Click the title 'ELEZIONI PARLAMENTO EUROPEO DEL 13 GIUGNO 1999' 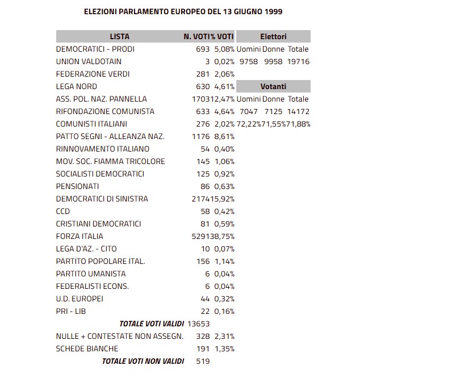click(x=183, y=11)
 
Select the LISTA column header click(x=119, y=36)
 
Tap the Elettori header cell click(x=273, y=36)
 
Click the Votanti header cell click(x=273, y=86)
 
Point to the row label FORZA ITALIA click(x=80, y=236)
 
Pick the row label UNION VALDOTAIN click(x=89, y=61)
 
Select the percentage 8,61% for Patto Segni click(x=224, y=136)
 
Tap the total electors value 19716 click(x=298, y=61)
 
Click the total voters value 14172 click(x=298, y=111)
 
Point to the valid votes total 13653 click(x=198, y=324)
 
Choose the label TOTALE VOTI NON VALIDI click(x=143, y=361)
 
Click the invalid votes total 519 click(x=203, y=361)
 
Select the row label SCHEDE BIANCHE click(x=87, y=348)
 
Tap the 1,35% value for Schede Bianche click(x=224, y=348)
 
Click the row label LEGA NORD click(x=77, y=86)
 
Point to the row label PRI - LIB click(x=71, y=311)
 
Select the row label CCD click(x=63, y=211)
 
